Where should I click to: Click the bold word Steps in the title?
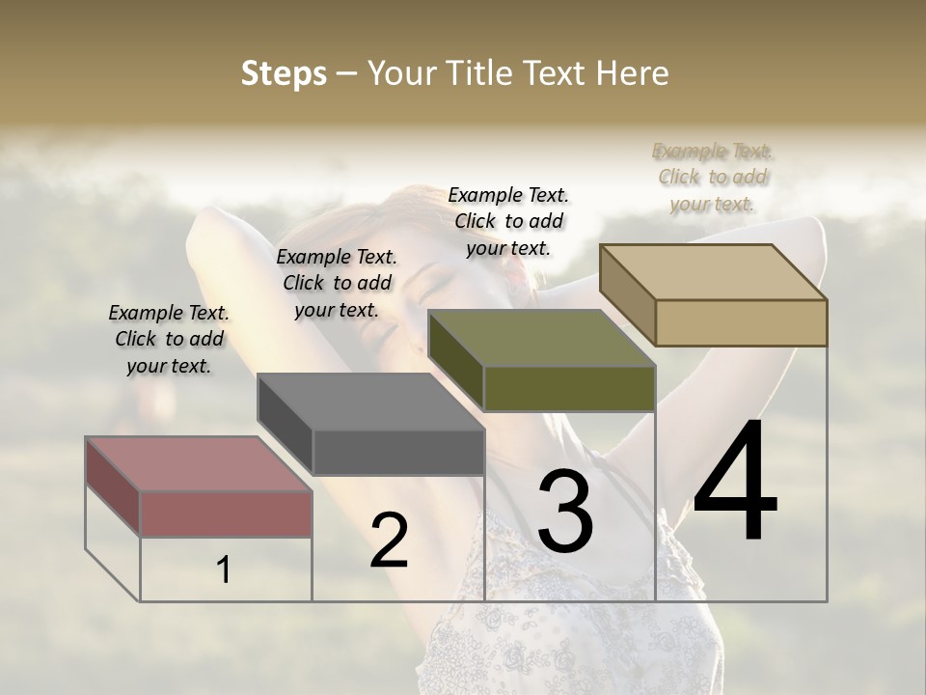click(284, 73)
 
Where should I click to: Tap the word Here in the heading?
click(634, 73)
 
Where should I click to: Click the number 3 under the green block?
click(565, 513)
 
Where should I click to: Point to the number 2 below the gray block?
click(389, 541)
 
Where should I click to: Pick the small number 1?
click(224, 570)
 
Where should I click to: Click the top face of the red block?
click(199, 464)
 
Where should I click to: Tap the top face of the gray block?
click(370, 402)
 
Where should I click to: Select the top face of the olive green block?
click(541, 338)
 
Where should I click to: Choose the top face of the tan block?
click(713, 272)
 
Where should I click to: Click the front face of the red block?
click(226, 514)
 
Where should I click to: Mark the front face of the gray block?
click(398, 452)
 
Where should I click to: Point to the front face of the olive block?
click(569, 388)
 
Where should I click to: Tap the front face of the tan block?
click(741, 322)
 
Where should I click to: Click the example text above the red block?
click(169, 339)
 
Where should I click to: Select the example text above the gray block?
click(337, 283)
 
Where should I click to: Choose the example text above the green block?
click(508, 221)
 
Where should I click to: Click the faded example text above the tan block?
click(713, 177)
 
